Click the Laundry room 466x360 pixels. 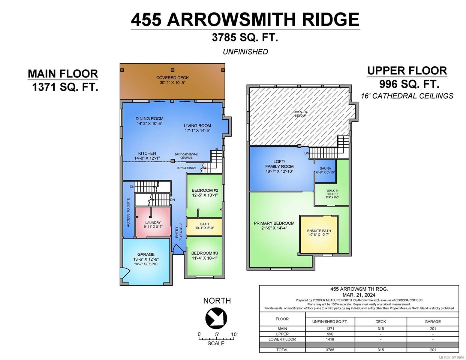point(153,223)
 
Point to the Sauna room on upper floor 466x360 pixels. point(325,170)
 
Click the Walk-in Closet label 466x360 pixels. point(332,194)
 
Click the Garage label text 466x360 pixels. point(146,254)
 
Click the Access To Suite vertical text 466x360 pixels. point(128,212)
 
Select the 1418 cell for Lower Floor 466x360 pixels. point(330,339)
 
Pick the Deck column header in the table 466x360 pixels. point(380,321)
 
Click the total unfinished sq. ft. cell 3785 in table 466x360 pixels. point(330,349)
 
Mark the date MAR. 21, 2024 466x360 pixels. point(359,295)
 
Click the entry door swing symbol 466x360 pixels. point(177,249)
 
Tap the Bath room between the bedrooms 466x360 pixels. point(204,226)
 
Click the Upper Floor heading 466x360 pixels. point(407,71)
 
